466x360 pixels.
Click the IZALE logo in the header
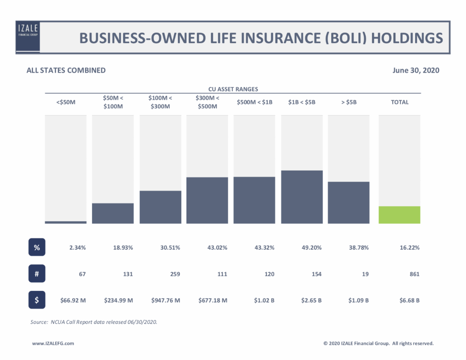click(x=28, y=37)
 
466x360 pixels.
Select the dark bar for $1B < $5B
click(x=302, y=197)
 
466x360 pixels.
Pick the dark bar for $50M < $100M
click(x=113, y=213)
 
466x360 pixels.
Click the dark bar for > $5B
click(x=348, y=202)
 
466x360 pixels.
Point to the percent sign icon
click(x=37, y=247)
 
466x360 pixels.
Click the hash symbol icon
click(x=37, y=274)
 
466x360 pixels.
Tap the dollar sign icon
click(x=37, y=300)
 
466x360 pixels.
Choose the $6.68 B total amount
click(x=409, y=300)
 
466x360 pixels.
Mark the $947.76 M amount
click(x=165, y=300)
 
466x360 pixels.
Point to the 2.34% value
click(x=78, y=248)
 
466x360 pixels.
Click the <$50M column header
click(x=66, y=103)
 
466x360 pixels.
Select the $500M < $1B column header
click(x=254, y=103)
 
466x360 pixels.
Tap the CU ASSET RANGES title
click(x=233, y=89)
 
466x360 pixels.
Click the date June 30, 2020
click(x=416, y=70)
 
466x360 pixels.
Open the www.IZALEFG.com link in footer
click(x=53, y=343)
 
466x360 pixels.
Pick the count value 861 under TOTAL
click(x=414, y=274)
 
